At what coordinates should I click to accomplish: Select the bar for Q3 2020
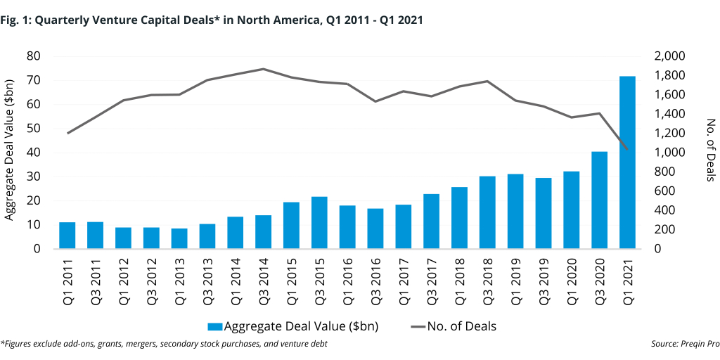(599, 200)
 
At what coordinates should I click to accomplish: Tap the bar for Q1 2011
(67, 236)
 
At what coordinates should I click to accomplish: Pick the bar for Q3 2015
(319, 223)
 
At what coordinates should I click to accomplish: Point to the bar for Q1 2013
(179, 238)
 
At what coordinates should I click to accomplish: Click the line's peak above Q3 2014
(263, 69)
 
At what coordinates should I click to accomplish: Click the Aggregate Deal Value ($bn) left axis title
(10, 153)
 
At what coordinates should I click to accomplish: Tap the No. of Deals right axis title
(710, 153)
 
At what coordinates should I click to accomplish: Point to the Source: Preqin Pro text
(681, 344)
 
